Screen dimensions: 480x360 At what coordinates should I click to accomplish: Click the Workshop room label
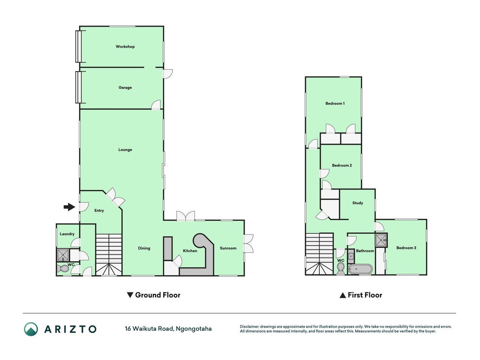(x=125, y=46)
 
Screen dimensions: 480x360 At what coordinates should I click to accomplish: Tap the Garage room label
(x=125, y=88)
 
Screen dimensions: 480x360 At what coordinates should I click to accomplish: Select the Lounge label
(x=125, y=150)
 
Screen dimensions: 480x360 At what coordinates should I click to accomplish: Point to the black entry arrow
(x=69, y=207)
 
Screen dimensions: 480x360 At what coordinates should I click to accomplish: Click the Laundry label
(x=67, y=234)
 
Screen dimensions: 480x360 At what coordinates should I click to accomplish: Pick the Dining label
(x=144, y=248)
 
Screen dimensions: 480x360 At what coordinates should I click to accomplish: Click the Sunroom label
(x=228, y=248)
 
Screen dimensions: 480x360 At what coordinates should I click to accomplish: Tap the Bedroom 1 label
(x=335, y=103)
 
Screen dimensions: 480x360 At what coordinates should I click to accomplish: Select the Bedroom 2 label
(x=342, y=165)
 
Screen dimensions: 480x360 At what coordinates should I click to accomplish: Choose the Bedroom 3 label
(x=406, y=248)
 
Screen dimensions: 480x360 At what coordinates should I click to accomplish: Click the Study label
(x=358, y=203)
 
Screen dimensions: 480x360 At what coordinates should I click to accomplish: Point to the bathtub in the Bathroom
(x=360, y=270)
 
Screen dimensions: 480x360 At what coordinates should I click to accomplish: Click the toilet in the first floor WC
(x=341, y=269)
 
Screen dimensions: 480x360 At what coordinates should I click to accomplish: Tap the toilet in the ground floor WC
(x=63, y=269)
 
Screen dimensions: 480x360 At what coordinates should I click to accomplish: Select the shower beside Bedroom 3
(x=381, y=240)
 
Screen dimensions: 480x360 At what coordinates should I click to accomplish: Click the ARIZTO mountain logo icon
(x=31, y=329)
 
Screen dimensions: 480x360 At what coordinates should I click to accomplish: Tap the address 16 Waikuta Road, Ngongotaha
(x=168, y=329)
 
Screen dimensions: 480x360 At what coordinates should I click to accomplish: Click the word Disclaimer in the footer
(x=249, y=327)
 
